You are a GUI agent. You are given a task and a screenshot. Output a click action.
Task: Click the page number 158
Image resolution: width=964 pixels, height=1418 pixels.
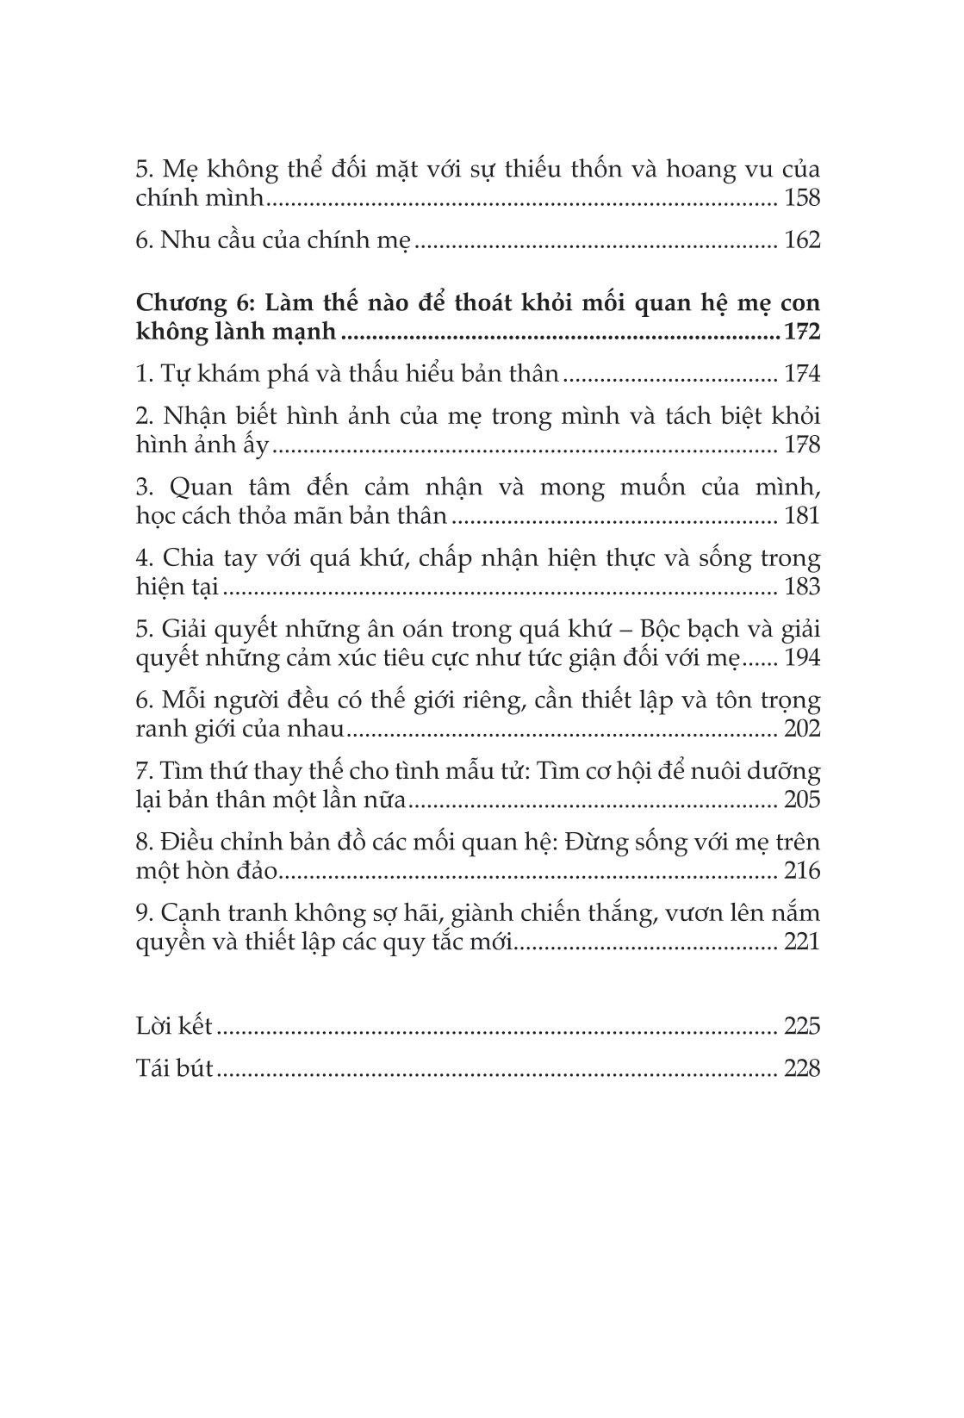[x=802, y=198]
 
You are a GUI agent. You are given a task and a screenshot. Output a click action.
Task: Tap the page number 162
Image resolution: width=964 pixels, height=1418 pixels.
[x=802, y=240]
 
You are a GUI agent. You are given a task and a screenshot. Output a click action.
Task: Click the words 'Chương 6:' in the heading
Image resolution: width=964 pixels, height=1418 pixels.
[x=196, y=304]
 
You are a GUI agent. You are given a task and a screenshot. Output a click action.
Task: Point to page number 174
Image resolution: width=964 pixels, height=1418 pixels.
[x=802, y=375]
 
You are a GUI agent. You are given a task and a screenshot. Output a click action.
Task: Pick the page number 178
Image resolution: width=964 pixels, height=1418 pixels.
[x=802, y=445]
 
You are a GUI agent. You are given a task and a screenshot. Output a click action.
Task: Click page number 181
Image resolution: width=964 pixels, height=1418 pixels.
[x=802, y=517]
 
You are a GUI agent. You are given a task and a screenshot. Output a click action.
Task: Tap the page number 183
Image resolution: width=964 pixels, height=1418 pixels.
[x=802, y=588]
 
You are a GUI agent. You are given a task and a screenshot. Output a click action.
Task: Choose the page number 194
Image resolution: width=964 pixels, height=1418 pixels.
[x=802, y=659]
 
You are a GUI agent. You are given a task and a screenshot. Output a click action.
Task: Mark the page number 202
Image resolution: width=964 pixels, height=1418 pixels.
[x=802, y=730]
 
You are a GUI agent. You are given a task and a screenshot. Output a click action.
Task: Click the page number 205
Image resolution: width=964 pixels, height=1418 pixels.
[x=802, y=800]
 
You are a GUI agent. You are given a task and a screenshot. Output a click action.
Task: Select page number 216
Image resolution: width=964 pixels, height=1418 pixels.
[x=802, y=872]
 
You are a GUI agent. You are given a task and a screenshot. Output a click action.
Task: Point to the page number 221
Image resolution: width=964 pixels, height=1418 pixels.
[x=802, y=942]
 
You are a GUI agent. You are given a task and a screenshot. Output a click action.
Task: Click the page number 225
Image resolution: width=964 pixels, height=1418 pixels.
[x=802, y=1027]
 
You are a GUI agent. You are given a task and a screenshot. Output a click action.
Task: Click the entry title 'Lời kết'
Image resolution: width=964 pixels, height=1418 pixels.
[x=175, y=1027]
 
